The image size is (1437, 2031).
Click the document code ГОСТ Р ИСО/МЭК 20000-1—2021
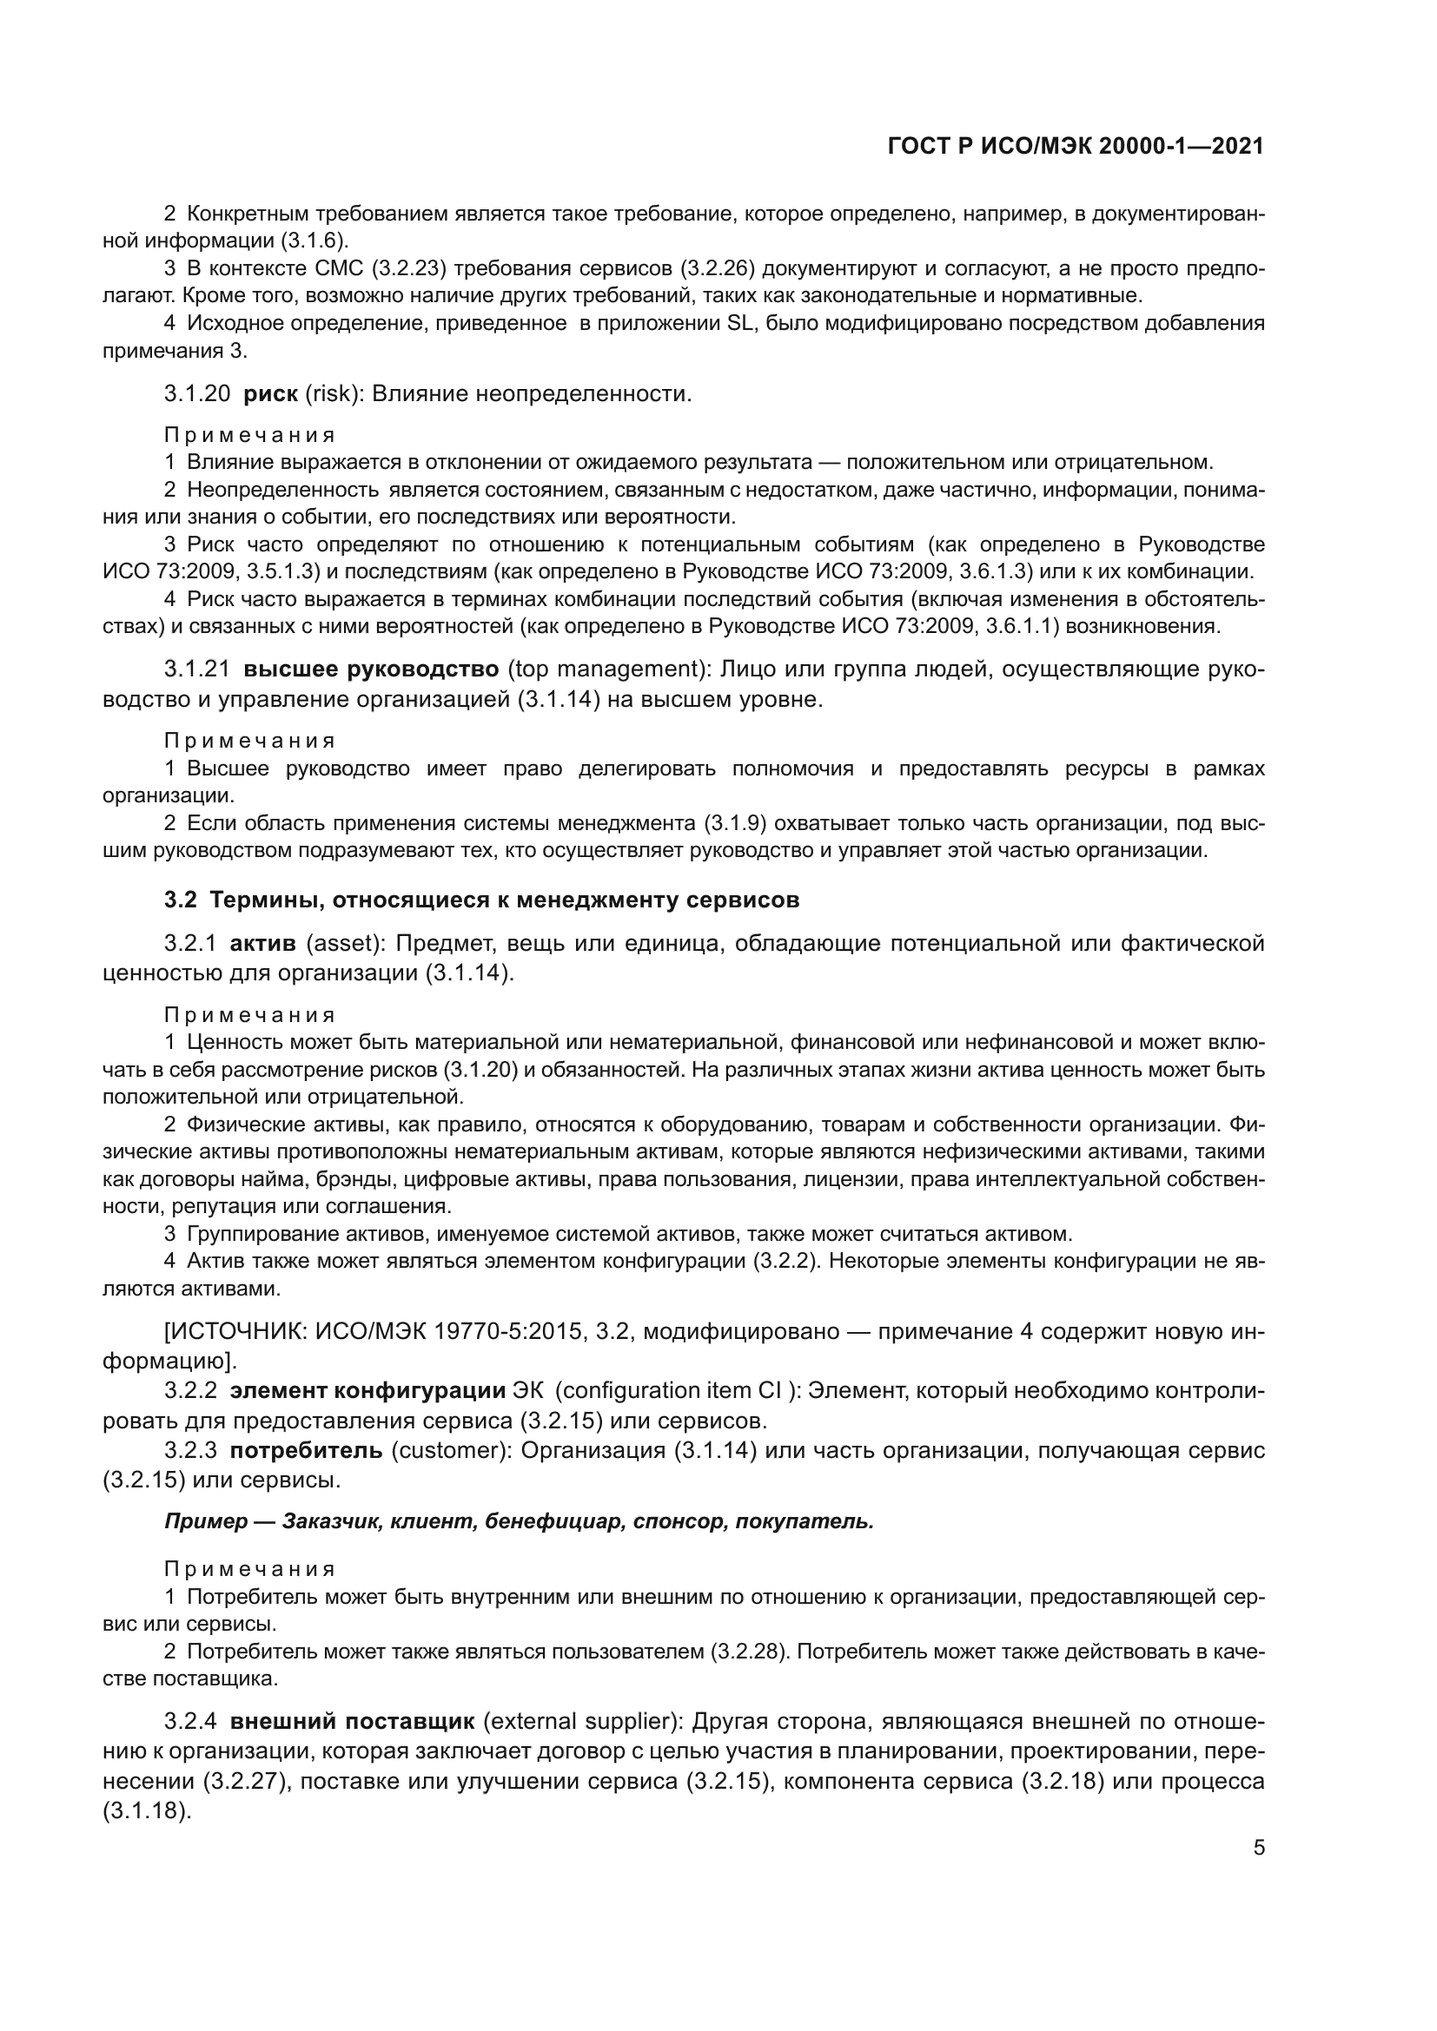[x=1075, y=147]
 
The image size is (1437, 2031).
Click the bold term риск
[x=271, y=393]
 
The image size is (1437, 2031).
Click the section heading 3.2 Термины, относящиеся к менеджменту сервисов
[x=481, y=900]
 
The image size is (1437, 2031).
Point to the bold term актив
[x=262, y=944]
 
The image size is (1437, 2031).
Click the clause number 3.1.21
[x=196, y=669]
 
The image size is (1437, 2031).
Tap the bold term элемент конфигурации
[x=368, y=1391]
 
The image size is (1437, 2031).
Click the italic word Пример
[x=205, y=1522]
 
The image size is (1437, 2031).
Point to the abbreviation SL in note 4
[x=738, y=324]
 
